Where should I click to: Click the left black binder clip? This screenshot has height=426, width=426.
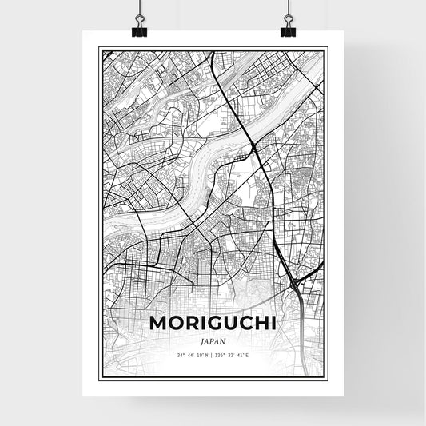click(x=140, y=30)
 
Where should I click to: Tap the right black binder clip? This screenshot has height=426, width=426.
click(x=288, y=30)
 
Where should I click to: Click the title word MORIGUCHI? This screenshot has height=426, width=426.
click(x=213, y=323)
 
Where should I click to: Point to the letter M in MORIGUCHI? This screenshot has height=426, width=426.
click(x=157, y=323)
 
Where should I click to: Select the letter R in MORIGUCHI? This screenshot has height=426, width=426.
click(x=193, y=323)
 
